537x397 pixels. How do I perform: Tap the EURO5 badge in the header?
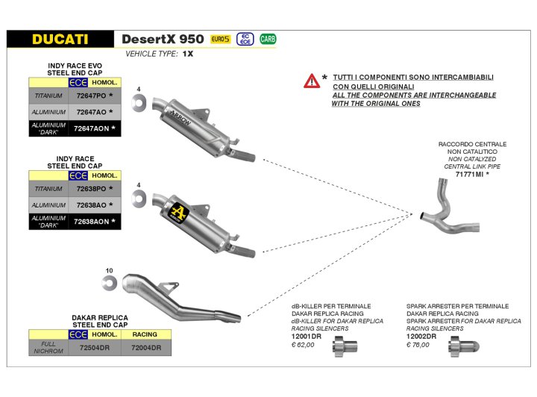(221, 39)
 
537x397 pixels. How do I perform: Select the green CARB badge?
(266, 39)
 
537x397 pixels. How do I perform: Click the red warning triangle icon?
(311, 81)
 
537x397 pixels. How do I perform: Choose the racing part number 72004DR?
(145, 348)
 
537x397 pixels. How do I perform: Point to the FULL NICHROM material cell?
(48, 348)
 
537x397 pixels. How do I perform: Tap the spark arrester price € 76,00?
(420, 345)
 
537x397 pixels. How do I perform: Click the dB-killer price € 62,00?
(304, 345)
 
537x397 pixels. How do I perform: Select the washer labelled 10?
(110, 282)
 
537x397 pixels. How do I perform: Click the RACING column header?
(145, 334)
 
